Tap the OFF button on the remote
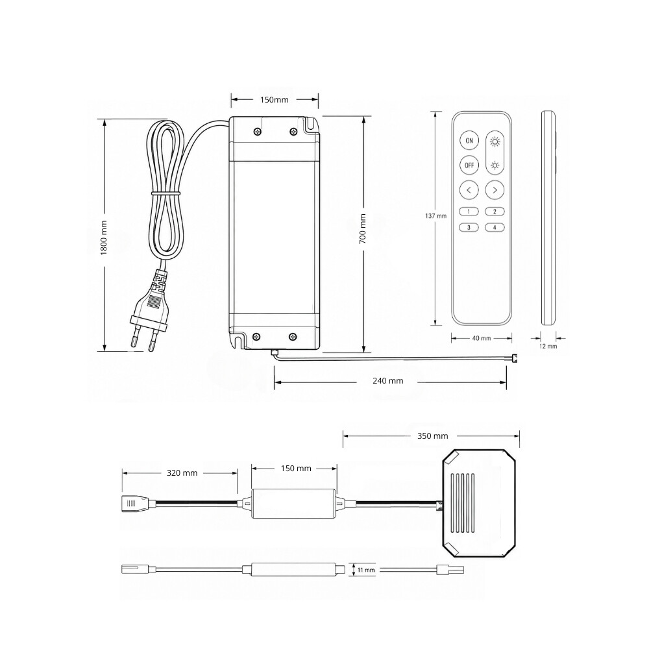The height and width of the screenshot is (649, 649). pyautogui.click(x=469, y=165)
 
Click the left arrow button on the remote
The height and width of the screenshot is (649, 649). pyautogui.click(x=469, y=190)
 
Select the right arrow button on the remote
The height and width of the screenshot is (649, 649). pyautogui.click(x=495, y=190)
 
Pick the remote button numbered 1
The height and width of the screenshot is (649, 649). pyautogui.click(x=469, y=212)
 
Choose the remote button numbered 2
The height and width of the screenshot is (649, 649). pyautogui.click(x=495, y=212)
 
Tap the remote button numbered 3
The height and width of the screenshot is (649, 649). pyautogui.click(x=469, y=227)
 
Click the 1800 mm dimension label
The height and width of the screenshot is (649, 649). pyautogui.click(x=104, y=238)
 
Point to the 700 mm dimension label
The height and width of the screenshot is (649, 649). pyautogui.click(x=363, y=228)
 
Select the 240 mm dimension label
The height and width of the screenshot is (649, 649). pyautogui.click(x=388, y=381)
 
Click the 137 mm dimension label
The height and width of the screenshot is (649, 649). pyautogui.click(x=436, y=215)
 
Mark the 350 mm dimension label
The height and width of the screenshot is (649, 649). pyautogui.click(x=432, y=436)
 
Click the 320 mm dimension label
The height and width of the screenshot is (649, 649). pyautogui.click(x=182, y=472)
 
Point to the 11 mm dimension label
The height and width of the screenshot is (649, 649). pyautogui.click(x=366, y=570)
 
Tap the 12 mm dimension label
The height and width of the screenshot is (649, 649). pyautogui.click(x=548, y=346)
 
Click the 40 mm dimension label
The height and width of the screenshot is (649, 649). pyautogui.click(x=482, y=338)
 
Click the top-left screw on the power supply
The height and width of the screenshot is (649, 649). pyautogui.click(x=257, y=131)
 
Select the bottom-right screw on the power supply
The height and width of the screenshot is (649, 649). pyautogui.click(x=293, y=337)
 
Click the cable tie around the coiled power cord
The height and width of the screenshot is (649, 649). pyautogui.click(x=165, y=193)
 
